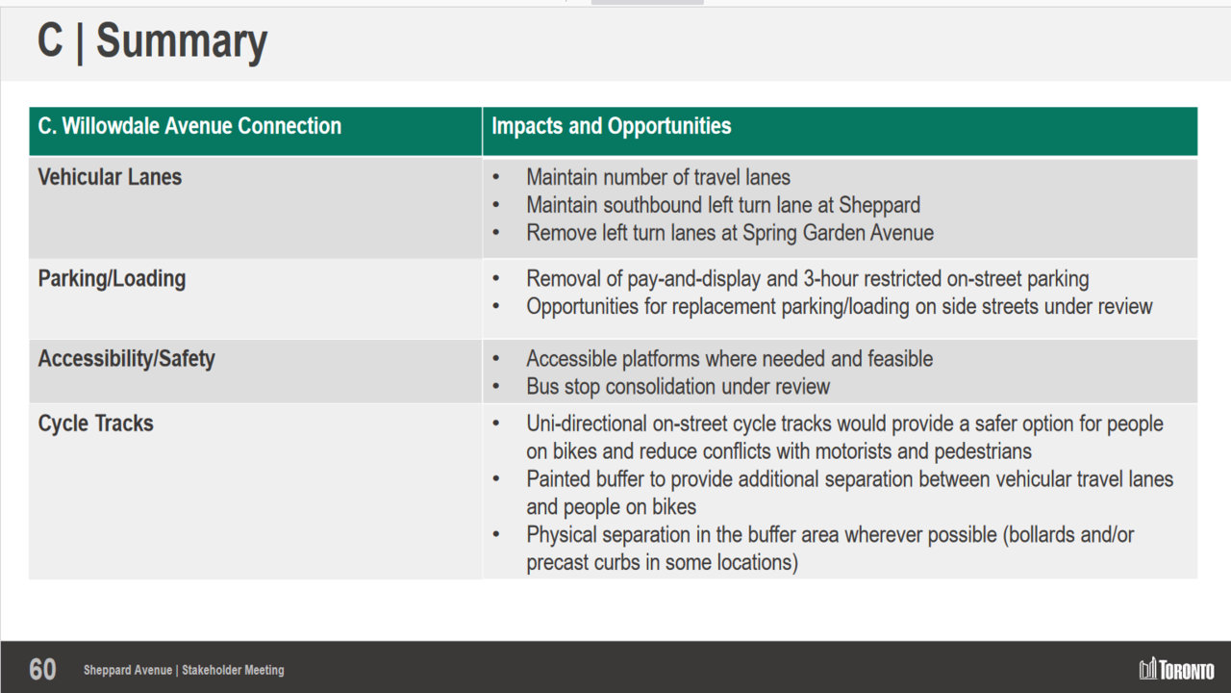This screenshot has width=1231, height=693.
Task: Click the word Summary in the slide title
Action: [x=182, y=41]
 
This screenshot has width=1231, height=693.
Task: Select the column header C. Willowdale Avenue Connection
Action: [x=189, y=126]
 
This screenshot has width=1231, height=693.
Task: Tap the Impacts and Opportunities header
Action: [x=611, y=126]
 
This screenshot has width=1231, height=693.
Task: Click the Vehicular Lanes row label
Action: [x=110, y=177]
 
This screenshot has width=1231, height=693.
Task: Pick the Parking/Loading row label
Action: [x=112, y=279]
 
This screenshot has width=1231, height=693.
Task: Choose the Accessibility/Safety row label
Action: [x=126, y=359]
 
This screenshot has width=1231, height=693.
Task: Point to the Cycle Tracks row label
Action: [x=95, y=423]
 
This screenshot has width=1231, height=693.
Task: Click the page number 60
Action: [x=42, y=670]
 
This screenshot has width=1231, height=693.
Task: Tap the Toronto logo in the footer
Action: [x=1176, y=669]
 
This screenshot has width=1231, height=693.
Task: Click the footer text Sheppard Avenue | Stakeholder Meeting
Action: [x=184, y=670]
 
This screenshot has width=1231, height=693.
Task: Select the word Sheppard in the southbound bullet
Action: [x=879, y=205]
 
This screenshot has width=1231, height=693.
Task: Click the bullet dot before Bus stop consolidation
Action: [x=496, y=386]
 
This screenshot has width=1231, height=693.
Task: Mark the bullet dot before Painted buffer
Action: [x=496, y=479]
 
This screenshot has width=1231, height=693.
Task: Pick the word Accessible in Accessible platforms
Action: [x=571, y=359]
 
